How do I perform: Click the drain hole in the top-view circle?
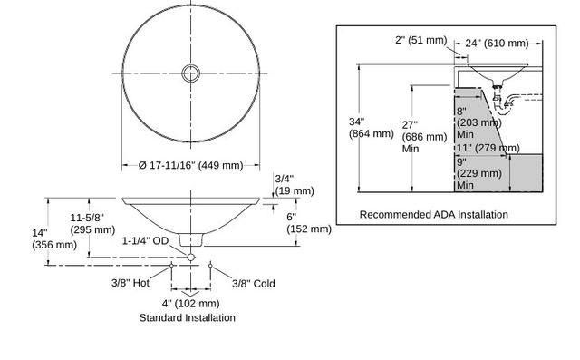pos(191,73)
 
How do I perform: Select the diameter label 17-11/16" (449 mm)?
pos(191,165)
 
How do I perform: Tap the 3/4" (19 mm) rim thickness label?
pos(295,185)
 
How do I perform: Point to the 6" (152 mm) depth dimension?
pos(309,223)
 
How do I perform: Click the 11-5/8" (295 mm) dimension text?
pos(92,223)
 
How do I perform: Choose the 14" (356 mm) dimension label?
pos(54,239)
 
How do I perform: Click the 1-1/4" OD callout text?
pos(145,241)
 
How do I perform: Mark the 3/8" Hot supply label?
pos(130,283)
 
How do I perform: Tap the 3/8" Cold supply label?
pos(254,284)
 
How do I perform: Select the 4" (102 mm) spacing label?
pos(190,304)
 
